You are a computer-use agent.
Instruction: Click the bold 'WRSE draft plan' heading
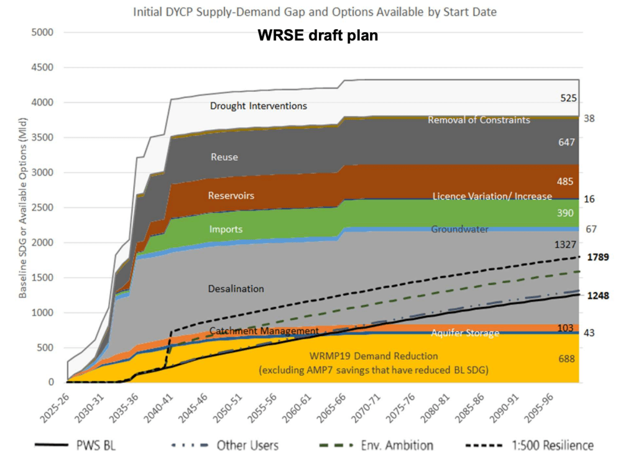(x=318, y=35)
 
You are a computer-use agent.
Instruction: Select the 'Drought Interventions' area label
(x=258, y=106)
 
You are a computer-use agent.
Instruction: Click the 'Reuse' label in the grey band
(x=224, y=157)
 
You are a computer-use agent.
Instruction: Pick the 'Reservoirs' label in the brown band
(x=231, y=196)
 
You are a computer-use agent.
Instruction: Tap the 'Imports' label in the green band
(x=226, y=229)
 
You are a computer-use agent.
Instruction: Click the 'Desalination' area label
(x=236, y=289)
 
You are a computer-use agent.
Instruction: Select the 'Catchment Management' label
(x=264, y=330)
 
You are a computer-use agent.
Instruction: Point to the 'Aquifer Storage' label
(x=465, y=334)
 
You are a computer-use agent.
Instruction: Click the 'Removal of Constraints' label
(x=479, y=120)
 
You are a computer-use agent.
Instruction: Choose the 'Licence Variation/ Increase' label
(x=492, y=196)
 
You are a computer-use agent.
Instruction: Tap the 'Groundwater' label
(x=459, y=229)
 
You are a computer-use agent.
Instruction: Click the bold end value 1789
(x=599, y=257)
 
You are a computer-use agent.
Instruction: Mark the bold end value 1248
(x=599, y=296)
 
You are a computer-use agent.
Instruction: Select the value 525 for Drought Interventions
(x=568, y=98)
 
